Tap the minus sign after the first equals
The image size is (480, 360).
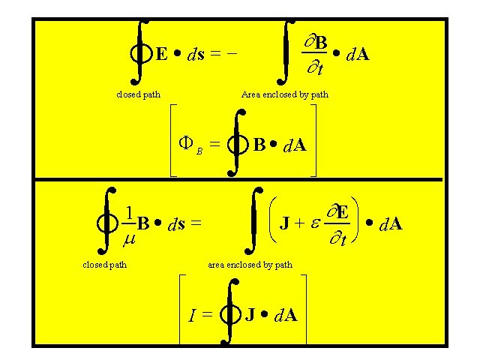point(232,54)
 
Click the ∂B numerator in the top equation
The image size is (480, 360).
point(317,42)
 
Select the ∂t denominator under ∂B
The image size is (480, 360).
point(316,70)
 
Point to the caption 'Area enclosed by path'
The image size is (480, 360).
point(284,94)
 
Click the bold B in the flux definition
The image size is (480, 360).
point(259,144)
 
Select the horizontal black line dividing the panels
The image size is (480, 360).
point(240,179)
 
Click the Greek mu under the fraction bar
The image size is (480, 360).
point(128,240)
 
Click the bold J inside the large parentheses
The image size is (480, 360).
point(286,223)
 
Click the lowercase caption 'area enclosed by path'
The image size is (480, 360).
point(250,264)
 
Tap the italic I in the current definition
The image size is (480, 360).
point(192,316)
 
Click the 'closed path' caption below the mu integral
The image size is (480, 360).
point(104,264)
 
